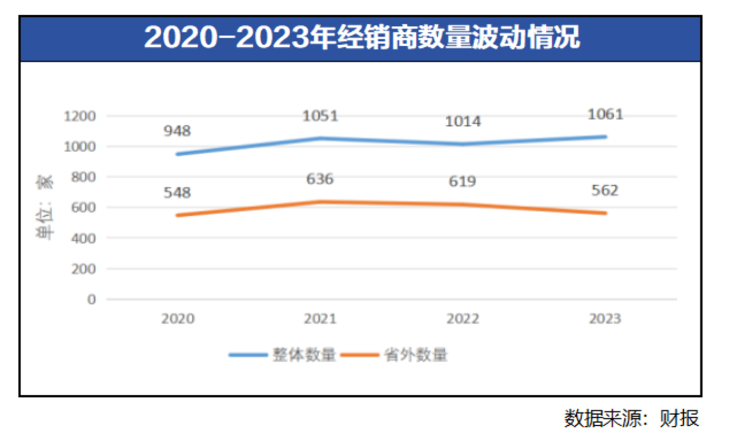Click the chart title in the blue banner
pos(362,38)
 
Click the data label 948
pos(177,131)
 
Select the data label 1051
pos(320,116)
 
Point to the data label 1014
pos(463,122)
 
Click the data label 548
pos(177,193)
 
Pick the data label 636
pos(320,179)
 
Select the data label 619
pos(463,182)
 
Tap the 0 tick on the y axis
pos(92,299)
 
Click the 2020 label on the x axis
pos(178,319)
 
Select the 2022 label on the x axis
pos(463,319)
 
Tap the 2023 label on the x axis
pos(605,319)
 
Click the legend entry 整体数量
pos(304,355)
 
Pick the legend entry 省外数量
pos(416,355)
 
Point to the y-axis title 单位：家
pos(45,208)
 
